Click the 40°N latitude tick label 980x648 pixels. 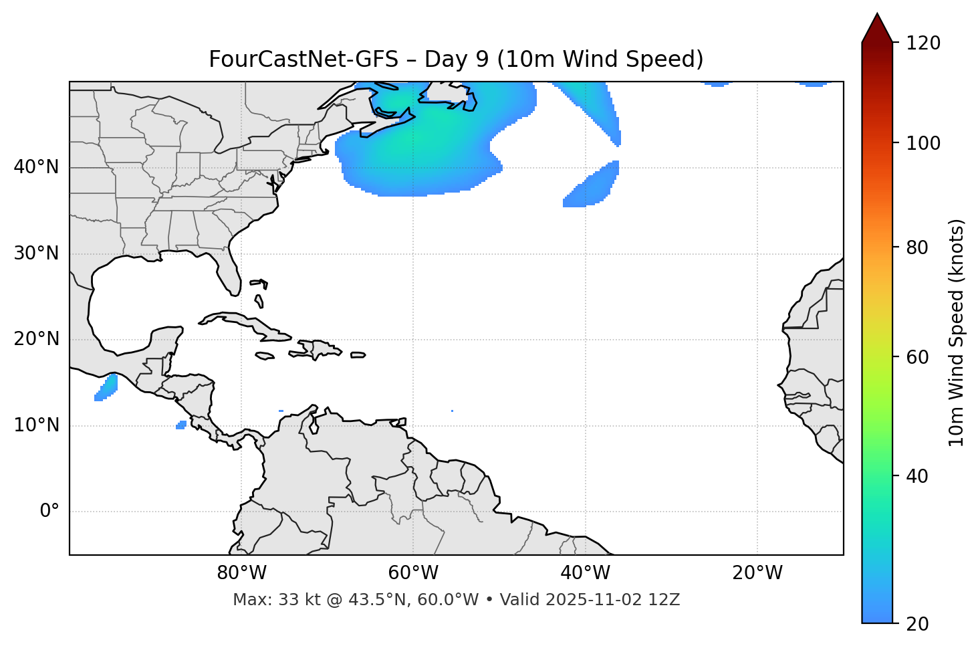tap(36, 167)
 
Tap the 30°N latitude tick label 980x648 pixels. tap(36, 253)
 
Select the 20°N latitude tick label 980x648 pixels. tap(36, 339)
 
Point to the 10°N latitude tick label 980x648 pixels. tap(36, 425)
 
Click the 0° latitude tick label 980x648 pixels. tap(49, 512)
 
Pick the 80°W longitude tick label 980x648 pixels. tap(241, 573)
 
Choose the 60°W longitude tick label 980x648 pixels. tap(413, 573)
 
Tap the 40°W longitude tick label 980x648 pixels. tap(585, 573)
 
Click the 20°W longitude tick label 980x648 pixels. tap(757, 573)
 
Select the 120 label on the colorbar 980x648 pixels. tap(923, 43)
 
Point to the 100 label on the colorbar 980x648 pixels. tap(923, 143)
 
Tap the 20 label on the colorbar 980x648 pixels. tap(917, 624)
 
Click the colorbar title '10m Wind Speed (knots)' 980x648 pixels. tap(957, 332)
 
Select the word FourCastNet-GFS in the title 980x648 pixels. tap(303, 60)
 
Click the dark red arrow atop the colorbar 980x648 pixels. tap(876, 29)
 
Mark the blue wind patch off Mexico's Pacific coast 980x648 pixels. tap(107, 387)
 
